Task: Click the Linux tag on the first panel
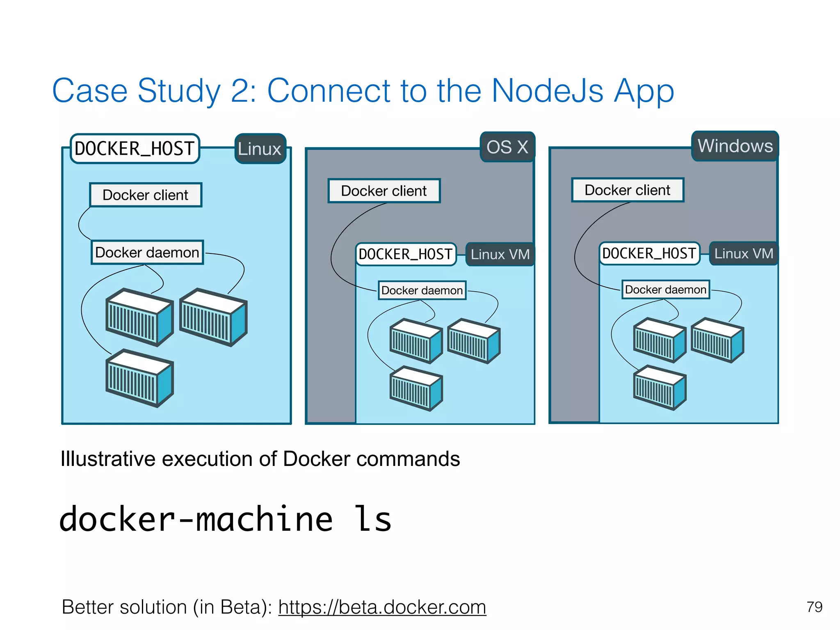(x=260, y=148)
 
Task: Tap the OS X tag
(x=507, y=147)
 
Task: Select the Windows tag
(x=735, y=146)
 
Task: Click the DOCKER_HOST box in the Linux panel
(x=135, y=148)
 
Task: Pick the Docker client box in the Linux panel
(x=146, y=195)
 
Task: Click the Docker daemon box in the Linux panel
(x=147, y=252)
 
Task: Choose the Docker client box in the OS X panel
(x=384, y=191)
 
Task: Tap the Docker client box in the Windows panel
(x=628, y=190)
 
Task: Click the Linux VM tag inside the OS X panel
(x=500, y=254)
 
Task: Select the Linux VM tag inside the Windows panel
(x=744, y=253)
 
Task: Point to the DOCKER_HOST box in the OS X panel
(x=405, y=254)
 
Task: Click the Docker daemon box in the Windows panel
(x=665, y=290)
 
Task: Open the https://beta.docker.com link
(x=382, y=607)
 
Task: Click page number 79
(x=814, y=607)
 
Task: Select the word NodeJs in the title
(x=547, y=91)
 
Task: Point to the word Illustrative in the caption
(x=107, y=459)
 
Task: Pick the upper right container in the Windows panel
(x=717, y=340)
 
